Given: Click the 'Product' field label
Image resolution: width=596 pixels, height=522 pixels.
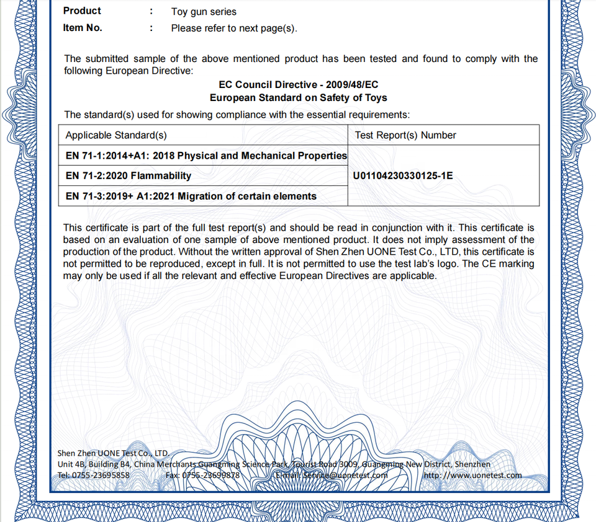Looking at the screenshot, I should point(82,11).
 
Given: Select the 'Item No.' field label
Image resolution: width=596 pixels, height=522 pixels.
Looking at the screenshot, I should point(83,28).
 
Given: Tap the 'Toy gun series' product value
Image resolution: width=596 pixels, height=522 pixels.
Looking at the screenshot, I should point(204,12).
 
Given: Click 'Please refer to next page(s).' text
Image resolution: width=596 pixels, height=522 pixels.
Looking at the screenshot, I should point(234,29).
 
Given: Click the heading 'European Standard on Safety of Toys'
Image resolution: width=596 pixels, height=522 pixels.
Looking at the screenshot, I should point(298,98).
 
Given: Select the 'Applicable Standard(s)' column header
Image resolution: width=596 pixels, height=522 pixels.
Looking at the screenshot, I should point(116,135).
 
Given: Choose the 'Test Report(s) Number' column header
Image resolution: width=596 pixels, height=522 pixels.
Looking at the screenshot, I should point(405,135).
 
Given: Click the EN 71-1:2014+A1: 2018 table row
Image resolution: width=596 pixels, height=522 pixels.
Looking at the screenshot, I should point(206,156).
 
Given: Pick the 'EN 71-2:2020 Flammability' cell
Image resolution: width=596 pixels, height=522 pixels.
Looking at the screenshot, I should point(129,176).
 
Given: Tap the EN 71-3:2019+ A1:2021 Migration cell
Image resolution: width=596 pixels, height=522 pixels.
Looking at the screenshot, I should point(191,197).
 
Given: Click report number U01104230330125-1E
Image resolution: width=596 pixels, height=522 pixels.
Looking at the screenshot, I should point(403,176).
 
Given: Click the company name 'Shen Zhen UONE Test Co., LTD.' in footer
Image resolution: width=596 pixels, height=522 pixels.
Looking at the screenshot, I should point(113,453).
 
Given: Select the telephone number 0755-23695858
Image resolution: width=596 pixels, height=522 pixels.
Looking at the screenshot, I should point(102,476).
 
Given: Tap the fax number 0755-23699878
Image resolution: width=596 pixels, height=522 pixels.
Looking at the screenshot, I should point(210,476).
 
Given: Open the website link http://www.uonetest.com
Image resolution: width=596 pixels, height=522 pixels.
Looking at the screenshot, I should point(472,476).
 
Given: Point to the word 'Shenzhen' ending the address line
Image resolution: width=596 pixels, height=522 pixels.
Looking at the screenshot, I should point(472,464).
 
